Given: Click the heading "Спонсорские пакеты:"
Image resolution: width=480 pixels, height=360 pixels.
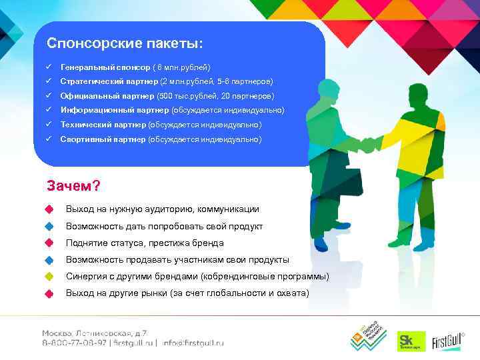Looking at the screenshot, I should [125, 44].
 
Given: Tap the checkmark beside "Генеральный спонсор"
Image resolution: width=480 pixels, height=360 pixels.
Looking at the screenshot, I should [49, 67].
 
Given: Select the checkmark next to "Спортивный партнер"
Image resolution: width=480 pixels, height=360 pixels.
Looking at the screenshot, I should [49, 139].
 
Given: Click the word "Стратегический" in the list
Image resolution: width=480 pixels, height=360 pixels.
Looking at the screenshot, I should [91, 81].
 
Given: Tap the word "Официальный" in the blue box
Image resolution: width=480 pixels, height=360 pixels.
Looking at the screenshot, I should [87, 96].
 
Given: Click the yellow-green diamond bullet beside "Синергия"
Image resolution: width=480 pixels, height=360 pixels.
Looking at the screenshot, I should [48, 277].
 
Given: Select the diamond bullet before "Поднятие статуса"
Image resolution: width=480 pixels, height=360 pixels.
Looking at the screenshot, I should [48, 243].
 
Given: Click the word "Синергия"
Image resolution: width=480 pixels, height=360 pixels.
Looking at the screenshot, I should [87, 277].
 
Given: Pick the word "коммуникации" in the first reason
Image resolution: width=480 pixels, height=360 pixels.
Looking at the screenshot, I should [227, 209].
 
